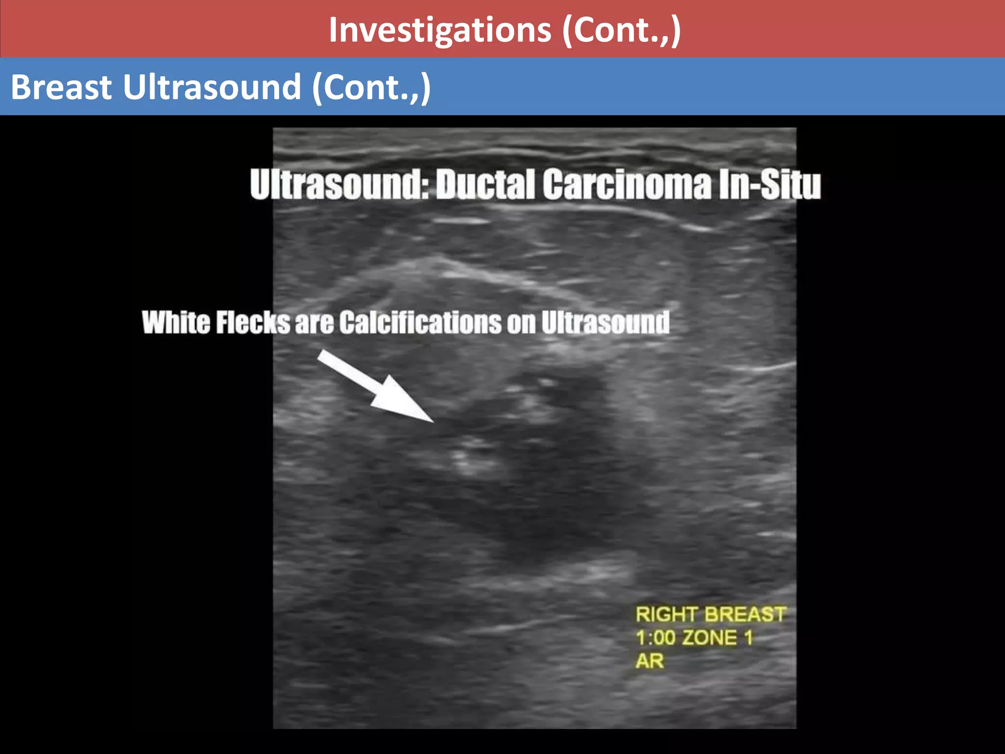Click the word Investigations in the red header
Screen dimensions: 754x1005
pyautogui.click(x=440, y=30)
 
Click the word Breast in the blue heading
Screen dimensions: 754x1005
pyautogui.click(x=62, y=87)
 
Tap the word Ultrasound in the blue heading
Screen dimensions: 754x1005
pyautogui.click(x=212, y=87)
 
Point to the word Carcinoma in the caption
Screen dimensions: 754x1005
pyautogui.click(x=627, y=185)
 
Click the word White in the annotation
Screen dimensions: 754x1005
pyautogui.click(x=176, y=323)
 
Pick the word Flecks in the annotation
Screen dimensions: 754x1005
pyautogui.click(x=253, y=323)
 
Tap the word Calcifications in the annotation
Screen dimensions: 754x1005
pyautogui.click(x=420, y=323)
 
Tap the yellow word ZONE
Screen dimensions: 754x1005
pyautogui.click(x=710, y=638)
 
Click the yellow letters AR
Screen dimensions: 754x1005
pyautogui.click(x=650, y=661)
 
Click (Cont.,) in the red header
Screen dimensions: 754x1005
pyautogui.click(x=622, y=30)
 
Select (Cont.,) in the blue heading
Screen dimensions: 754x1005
pyautogui.click(x=371, y=87)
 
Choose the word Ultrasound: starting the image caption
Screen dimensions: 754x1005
pyautogui.click(x=339, y=185)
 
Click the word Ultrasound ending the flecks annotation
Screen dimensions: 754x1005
pyautogui.click(x=606, y=323)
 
